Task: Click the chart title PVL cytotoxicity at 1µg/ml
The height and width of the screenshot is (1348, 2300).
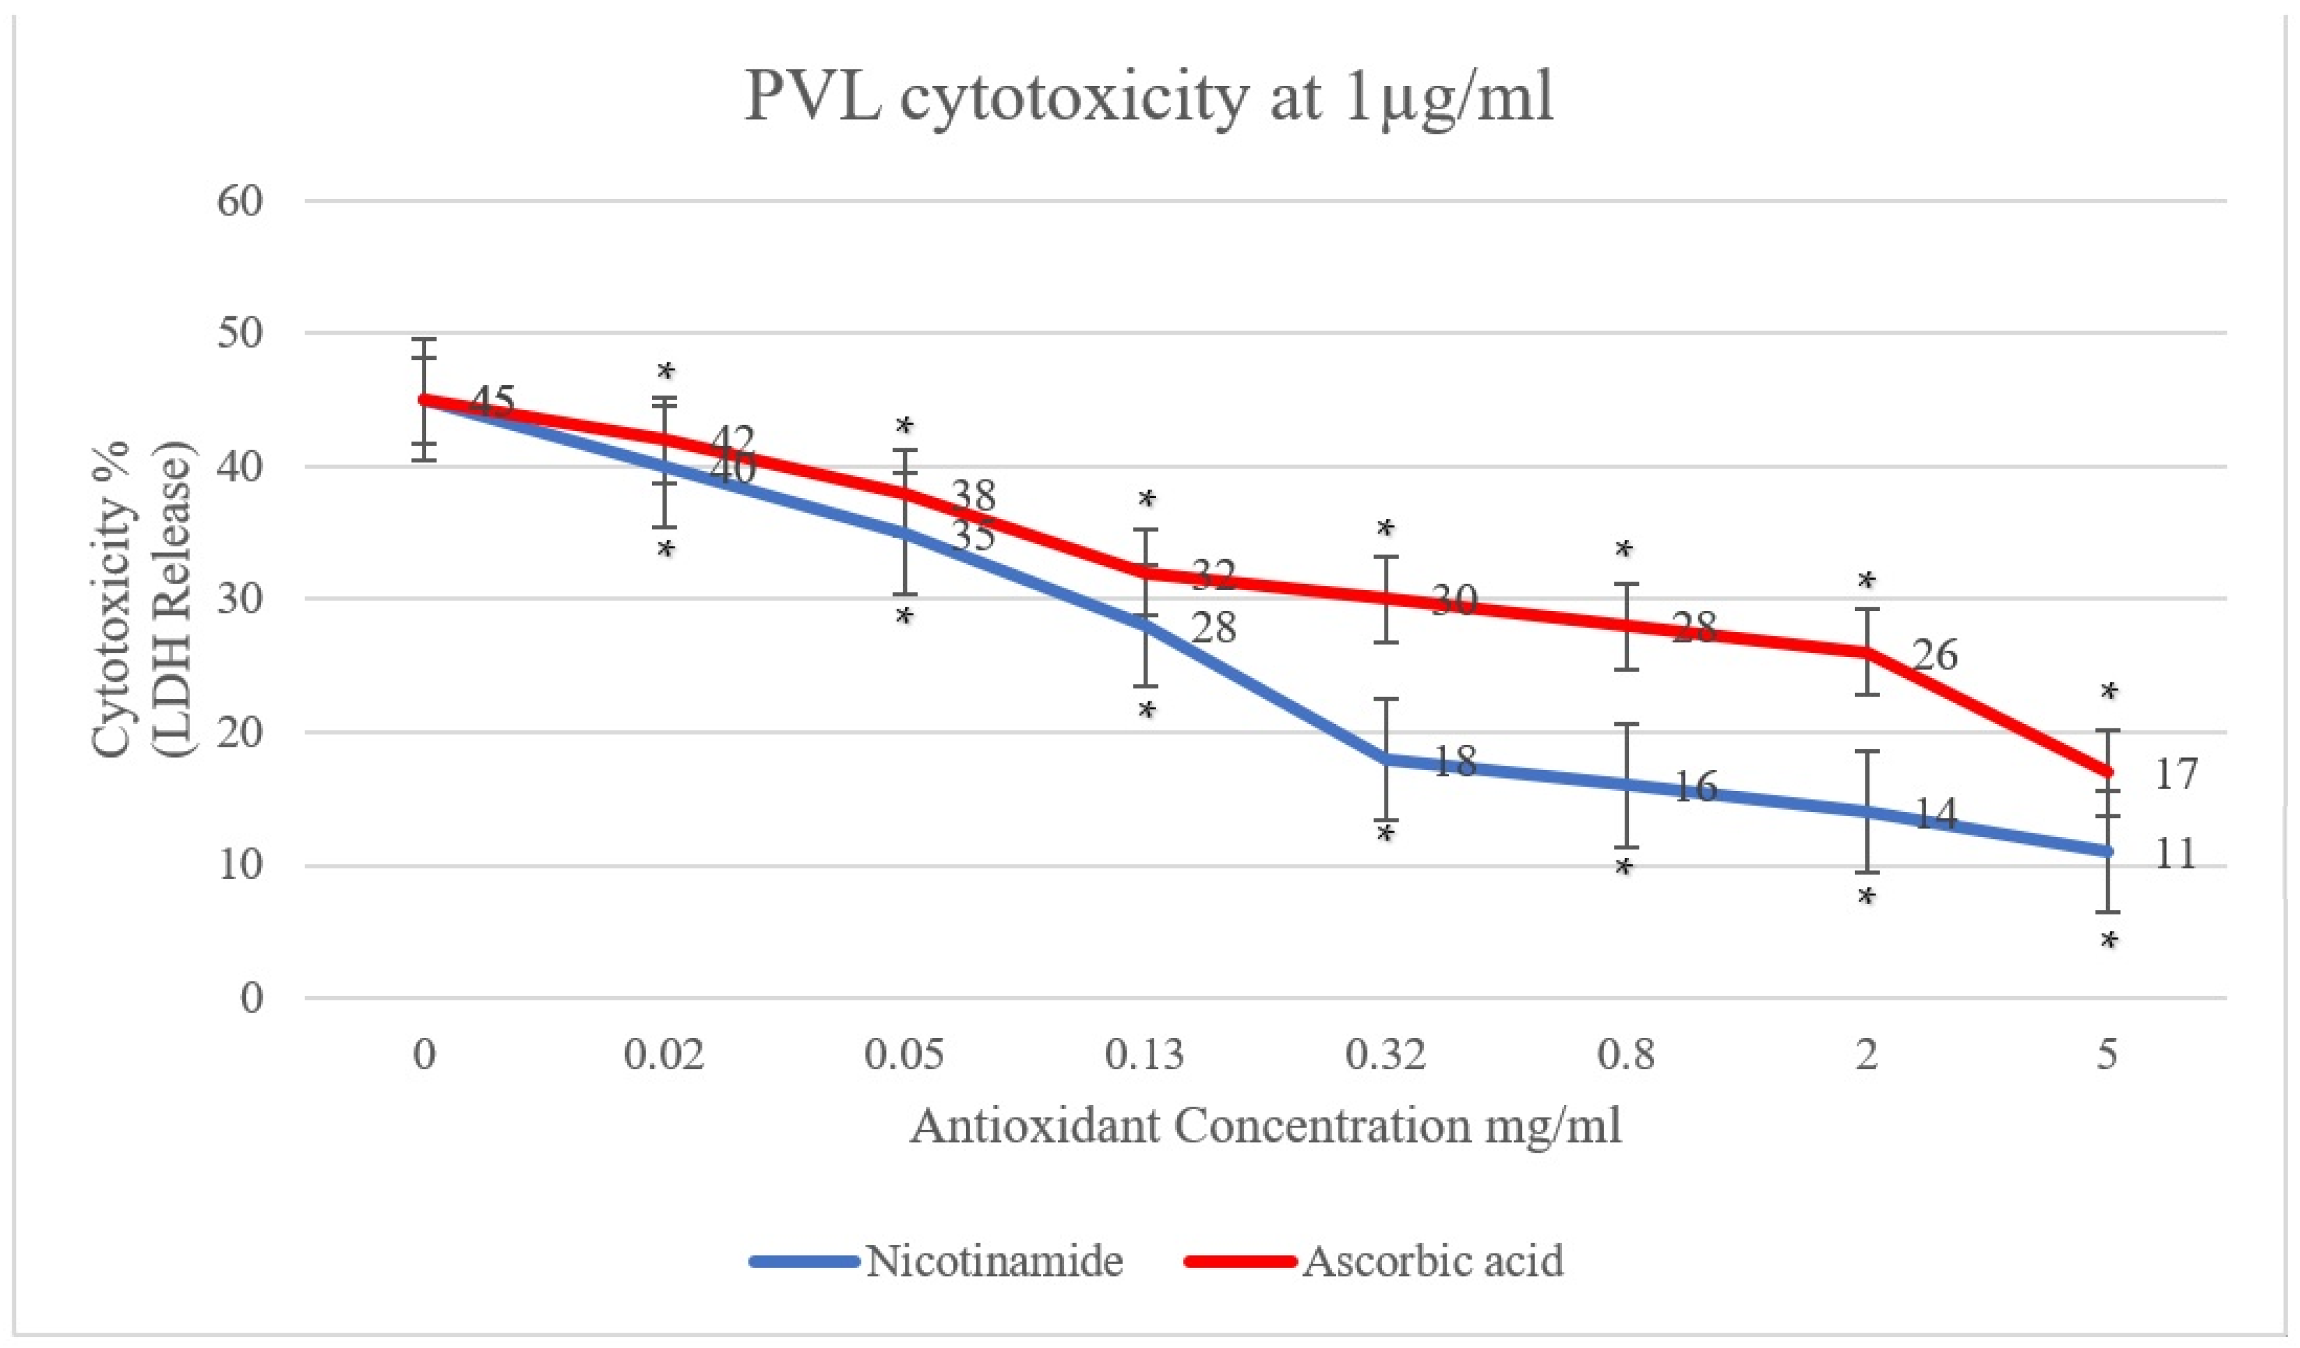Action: (1148, 97)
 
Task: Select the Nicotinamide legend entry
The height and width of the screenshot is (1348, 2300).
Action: (993, 1261)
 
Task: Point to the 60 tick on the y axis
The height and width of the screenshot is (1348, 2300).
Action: (240, 201)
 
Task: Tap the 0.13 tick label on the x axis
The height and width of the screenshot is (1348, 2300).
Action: (1144, 1055)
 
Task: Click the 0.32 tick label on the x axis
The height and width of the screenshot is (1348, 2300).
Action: (1385, 1055)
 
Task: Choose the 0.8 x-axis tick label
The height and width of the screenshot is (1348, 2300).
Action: (1625, 1055)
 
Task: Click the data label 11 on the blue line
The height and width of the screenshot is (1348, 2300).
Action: (2174, 854)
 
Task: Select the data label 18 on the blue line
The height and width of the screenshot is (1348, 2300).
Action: (1455, 761)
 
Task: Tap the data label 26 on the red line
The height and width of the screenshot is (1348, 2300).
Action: (1935, 655)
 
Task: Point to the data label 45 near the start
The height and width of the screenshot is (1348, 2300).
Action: (493, 402)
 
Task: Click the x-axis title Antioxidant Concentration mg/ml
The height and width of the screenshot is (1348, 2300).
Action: (1265, 1125)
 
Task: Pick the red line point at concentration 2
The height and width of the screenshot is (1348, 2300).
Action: (1867, 652)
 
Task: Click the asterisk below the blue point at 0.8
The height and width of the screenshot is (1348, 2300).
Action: (1623, 868)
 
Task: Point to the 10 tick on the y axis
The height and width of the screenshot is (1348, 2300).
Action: (240, 864)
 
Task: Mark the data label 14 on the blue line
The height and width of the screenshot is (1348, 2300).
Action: (1935, 813)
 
